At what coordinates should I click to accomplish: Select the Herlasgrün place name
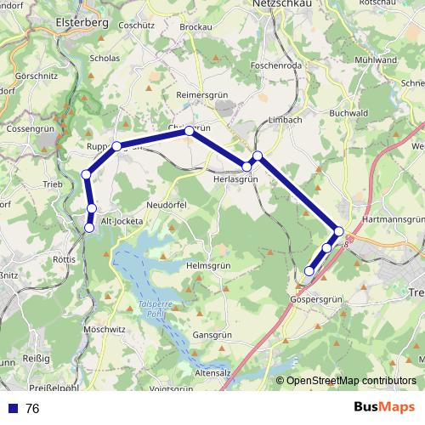(235, 178)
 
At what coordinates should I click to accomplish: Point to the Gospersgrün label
(315, 300)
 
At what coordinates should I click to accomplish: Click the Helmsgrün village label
(208, 266)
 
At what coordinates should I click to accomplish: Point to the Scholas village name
(104, 59)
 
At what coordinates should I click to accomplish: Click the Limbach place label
(283, 120)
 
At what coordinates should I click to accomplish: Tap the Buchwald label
(348, 112)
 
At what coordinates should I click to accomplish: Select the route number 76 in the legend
(32, 409)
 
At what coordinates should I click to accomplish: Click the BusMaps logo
(383, 407)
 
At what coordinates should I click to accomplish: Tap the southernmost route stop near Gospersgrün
(309, 271)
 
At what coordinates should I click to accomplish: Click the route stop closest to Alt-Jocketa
(89, 227)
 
